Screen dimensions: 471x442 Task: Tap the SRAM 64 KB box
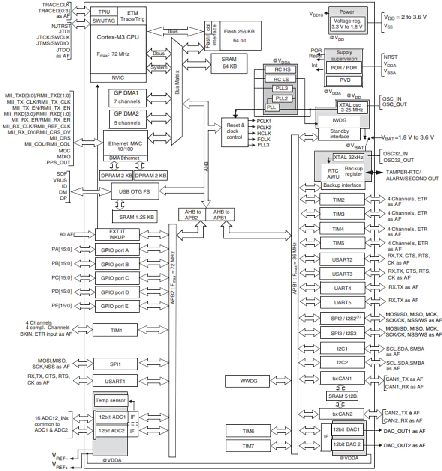[229, 63]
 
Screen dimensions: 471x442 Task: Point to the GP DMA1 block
[127, 97]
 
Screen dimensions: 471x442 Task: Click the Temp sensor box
[111, 401]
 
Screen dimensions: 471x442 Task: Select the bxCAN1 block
[341, 379]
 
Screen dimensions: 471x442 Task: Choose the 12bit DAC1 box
[347, 429]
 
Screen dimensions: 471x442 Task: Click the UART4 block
[342, 288]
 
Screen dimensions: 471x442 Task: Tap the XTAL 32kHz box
[348, 157]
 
